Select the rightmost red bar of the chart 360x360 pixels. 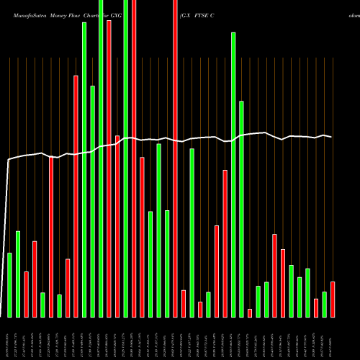333,299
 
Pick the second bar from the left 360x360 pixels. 18,274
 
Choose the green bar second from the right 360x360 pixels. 324,304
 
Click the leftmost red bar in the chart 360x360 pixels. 26,294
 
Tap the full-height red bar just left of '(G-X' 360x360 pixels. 175,158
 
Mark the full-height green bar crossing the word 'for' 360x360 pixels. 126,158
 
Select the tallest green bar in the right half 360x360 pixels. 233,174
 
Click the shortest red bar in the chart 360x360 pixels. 250,312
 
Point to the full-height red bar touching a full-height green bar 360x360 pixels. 134,158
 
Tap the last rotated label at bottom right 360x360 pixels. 333,338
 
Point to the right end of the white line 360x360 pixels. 332,137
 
